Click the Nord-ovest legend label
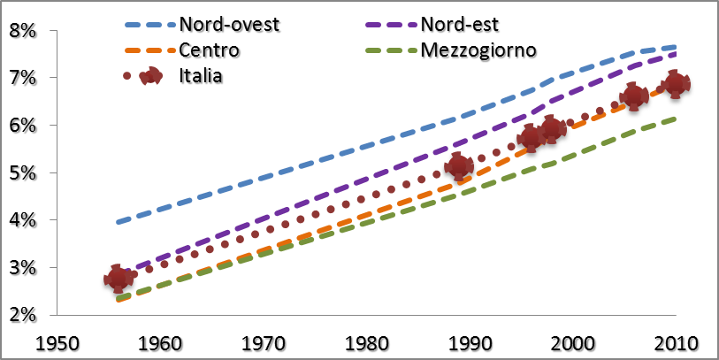[229, 23]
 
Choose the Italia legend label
[200, 75]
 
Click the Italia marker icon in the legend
[151, 75]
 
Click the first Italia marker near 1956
[117, 279]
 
